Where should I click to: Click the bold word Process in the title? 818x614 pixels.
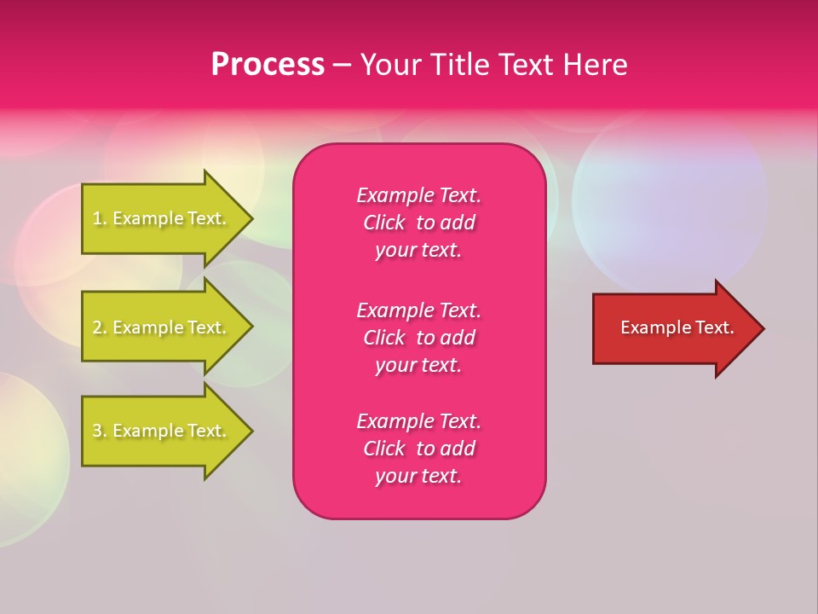268,65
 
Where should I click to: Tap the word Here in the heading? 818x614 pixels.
594,65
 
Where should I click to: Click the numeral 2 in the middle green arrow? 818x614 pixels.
97,327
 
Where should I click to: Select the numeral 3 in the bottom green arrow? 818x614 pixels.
97,431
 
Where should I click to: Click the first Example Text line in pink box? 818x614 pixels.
418,195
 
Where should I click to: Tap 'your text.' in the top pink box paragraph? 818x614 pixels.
418,250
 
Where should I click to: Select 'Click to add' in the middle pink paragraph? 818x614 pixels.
418,338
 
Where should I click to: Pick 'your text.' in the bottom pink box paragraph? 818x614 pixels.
418,476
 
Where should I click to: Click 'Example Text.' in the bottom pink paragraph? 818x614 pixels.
418,421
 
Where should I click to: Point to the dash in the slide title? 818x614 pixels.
342,66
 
